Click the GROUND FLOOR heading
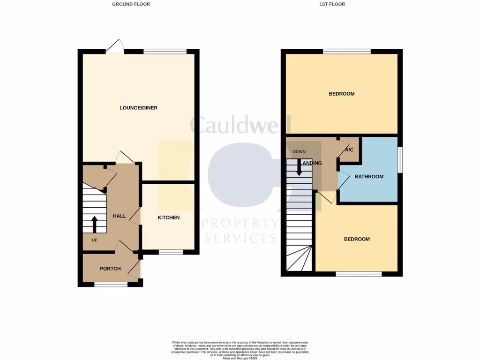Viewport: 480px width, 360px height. pos(131,4)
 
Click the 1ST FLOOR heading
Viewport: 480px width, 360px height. pos(335,4)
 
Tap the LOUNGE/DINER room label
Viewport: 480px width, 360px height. pos(138,108)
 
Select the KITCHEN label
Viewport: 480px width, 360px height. pos(168,217)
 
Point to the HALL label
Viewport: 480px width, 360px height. pos(120,216)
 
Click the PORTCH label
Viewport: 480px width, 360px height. pos(110,269)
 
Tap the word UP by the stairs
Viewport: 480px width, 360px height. pos(94,240)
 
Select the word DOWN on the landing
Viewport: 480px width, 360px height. pos(299,152)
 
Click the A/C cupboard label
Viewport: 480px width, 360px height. pos(349,150)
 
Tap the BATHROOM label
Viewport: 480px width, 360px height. pos(368,177)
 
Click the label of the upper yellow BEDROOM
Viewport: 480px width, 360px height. pos(341,94)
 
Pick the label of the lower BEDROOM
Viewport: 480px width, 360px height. pos(357,239)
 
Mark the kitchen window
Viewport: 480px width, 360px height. pos(171,252)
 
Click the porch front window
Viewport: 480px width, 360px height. pos(111,284)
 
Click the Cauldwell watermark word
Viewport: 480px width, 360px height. pos(240,125)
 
